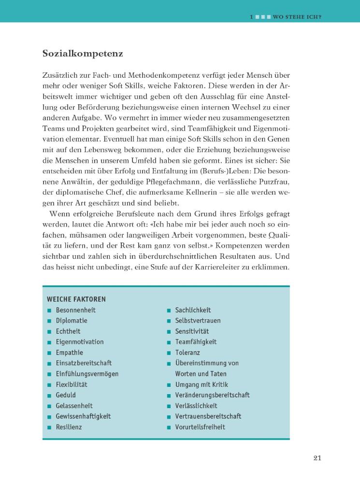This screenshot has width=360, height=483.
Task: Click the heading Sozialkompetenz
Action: pos(83,54)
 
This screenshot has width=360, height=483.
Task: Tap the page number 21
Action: pos(317,458)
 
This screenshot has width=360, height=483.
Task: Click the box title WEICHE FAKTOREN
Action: pos(76,299)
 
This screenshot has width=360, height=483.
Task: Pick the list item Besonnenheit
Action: pos(76,310)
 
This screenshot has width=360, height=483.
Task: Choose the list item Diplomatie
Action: pos(72,321)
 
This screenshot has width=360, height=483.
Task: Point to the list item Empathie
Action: pos(70,353)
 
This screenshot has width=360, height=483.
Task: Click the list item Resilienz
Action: pos(69,427)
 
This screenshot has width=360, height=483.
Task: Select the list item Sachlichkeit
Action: pos(193,310)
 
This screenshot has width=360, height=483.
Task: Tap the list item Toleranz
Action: pos(188,353)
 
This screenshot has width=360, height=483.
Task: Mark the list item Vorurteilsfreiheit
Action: pos(200,427)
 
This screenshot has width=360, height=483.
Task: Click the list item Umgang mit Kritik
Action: pos(202,384)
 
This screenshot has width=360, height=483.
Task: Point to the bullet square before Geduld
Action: pos(49,396)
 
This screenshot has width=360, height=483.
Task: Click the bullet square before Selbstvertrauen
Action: pos(169,321)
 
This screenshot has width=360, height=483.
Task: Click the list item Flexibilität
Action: pos(72,384)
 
